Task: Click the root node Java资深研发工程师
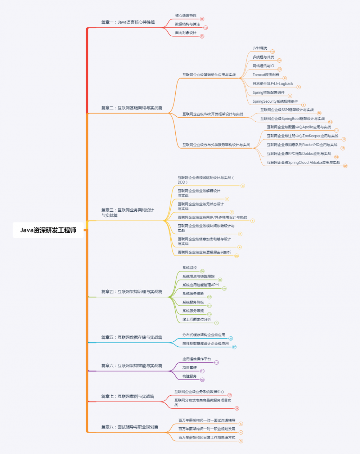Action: click(48, 230)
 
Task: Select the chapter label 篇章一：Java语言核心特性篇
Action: click(128, 22)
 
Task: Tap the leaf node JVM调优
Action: click(260, 48)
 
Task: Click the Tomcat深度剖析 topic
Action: click(266, 75)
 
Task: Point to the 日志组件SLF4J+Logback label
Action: click(273, 84)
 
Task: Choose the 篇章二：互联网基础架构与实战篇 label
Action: click(131, 108)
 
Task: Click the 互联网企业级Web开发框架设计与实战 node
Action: click(212, 114)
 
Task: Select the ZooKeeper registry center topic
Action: click(302, 136)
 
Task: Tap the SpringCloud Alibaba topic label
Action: click(303, 163)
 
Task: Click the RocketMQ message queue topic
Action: click(302, 145)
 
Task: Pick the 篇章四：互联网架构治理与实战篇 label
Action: click(131, 292)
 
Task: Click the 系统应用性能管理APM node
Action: click(200, 285)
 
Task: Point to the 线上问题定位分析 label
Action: click(197, 320)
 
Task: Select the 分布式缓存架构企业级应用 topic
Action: click(203, 335)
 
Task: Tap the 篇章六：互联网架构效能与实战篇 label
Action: click(131, 366)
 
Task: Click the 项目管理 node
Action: click(189, 368)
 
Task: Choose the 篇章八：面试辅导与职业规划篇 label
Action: click(130, 427)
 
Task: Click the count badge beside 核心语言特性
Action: click(202, 19)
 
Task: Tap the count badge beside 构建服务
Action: click(202, 380)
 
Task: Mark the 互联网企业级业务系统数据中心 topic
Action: click(199, 392)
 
